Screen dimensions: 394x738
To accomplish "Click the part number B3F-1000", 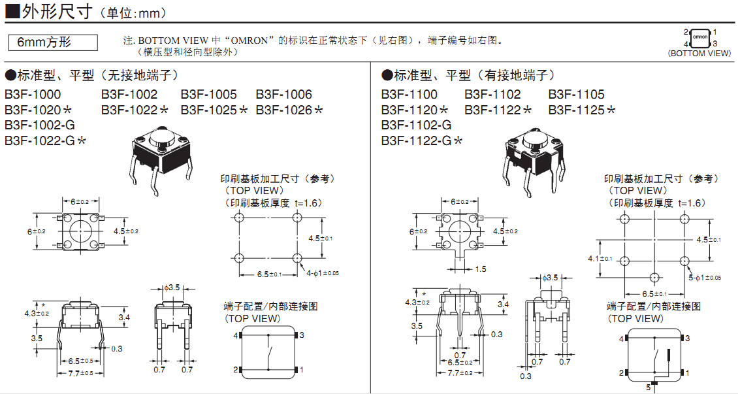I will tap(33, 94).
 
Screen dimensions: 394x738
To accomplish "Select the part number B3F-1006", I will tap(283, 94).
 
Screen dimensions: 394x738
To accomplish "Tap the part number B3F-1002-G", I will tap(40, 125).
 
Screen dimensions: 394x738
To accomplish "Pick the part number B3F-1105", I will tap(576, 94).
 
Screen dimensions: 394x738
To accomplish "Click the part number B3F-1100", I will tap(409, 94).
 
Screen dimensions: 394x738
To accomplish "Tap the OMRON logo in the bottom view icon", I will tap(700, 37).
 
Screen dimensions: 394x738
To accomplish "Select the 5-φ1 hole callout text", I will tap(704, 278).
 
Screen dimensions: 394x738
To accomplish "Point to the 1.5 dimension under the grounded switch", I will tap(481, 269).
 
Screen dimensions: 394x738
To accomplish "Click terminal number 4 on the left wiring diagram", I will tap(236, 335).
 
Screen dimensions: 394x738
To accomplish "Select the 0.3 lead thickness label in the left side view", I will tap(116, 349).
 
